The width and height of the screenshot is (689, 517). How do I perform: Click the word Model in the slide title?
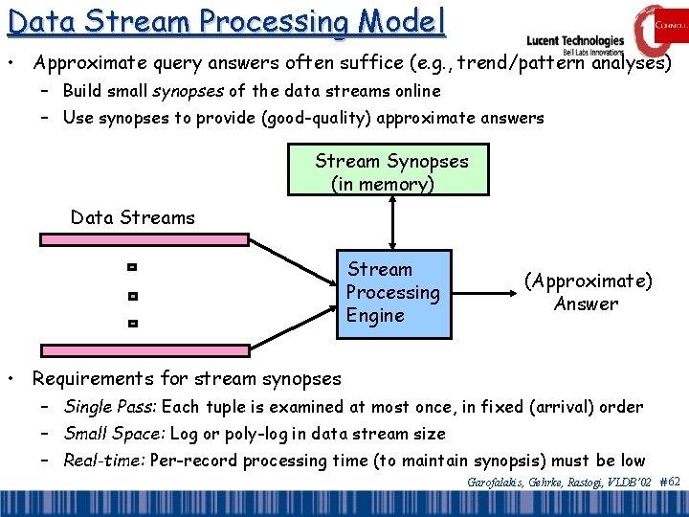tap(396, 21)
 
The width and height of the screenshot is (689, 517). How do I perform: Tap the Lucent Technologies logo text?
tap(575, 41)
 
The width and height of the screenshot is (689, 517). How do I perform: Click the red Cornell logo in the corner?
tap(659, 28)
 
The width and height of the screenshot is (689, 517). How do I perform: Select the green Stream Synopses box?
tap(389, 169)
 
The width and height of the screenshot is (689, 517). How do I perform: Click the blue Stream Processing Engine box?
tap(392, 293)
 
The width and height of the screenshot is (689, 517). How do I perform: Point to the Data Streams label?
tap(132, 217)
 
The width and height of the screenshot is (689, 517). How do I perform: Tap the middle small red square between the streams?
tap(133, 296)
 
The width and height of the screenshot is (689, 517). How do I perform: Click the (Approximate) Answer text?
tap(587, 292)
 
